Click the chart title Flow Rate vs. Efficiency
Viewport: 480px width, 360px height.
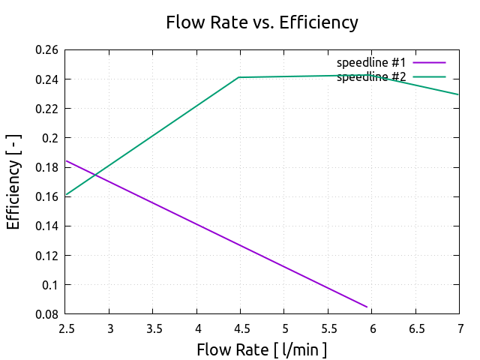coord(262,22)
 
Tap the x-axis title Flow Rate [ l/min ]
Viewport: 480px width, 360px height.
coord(262,349)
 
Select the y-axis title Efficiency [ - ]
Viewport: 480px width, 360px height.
coord(13,181)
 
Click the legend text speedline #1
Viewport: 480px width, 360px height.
coord(371,61)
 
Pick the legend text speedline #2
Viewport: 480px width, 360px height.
coord(371,76)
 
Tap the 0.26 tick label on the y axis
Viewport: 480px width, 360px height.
coord(46,50)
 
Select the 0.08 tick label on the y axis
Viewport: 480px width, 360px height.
coord(46,314)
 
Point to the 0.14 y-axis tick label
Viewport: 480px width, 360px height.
coord(46,226)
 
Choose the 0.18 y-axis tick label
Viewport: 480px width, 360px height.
coord(46,167)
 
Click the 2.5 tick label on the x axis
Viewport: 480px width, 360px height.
coord(65,328)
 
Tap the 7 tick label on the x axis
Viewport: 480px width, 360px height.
coord(459,328)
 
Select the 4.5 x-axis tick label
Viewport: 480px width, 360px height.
coord(240,328)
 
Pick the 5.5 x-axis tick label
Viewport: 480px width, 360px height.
coord(328,328)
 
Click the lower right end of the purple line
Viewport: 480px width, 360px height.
coord(367,307)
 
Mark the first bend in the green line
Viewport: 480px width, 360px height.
coord(238,77)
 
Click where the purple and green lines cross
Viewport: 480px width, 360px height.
coord(95,175)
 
